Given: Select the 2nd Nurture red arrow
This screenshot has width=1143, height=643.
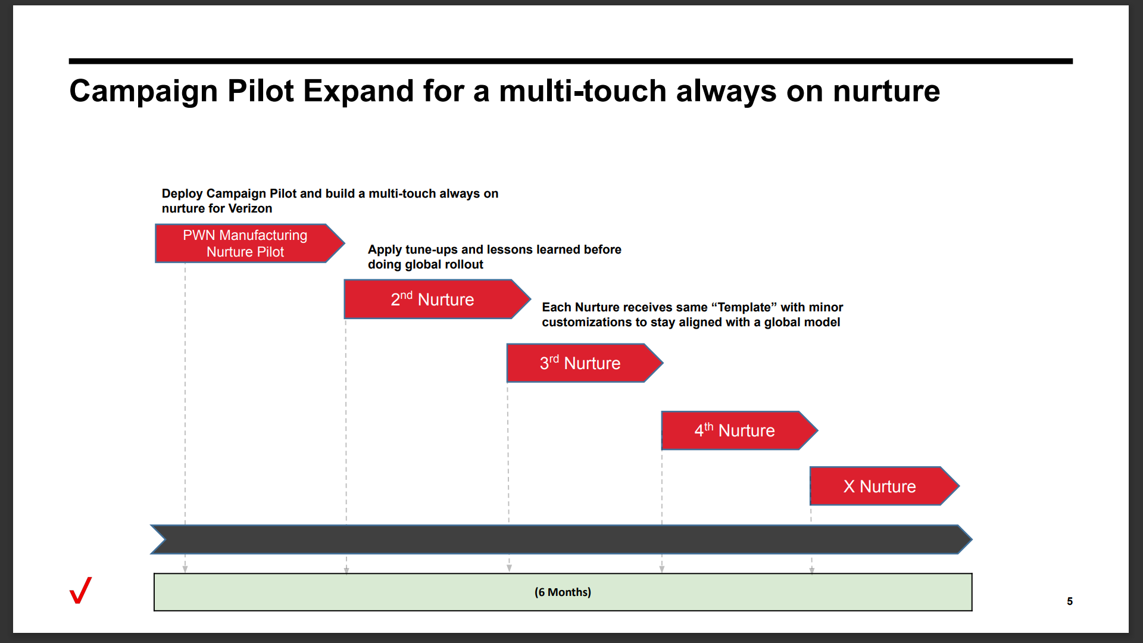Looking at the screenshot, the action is click(437, 299).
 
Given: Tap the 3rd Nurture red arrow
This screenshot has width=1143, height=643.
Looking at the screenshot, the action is click(585, 363).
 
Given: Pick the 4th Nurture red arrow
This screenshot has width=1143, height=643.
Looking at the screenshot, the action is click(739, 430).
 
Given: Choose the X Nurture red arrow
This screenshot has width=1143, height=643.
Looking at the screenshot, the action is click(885, 486).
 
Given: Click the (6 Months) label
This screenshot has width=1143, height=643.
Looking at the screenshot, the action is click(563, 592).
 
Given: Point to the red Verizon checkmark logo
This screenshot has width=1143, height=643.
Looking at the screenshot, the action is click(81, 590).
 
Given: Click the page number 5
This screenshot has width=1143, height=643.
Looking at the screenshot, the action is click(1070, 601).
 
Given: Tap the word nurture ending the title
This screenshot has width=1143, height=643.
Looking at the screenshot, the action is click(886, 92).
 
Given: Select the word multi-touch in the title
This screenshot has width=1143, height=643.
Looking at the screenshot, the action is click(583, 91).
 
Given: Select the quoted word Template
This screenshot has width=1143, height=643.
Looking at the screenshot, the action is click(744, 307).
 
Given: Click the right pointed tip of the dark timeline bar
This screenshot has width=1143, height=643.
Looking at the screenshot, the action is click(972, 539).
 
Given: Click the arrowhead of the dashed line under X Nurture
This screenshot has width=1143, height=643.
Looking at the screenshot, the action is click(812, 570).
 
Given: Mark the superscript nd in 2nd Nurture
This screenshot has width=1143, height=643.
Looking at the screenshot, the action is click(406, 295).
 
